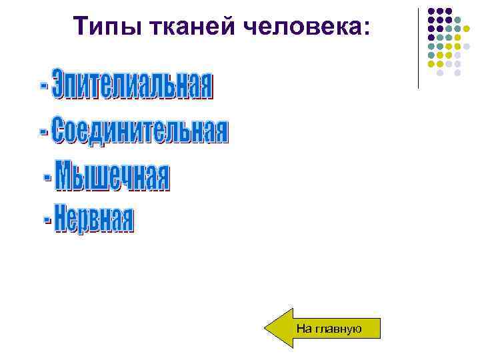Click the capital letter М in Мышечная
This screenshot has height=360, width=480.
click(x=69, y=176)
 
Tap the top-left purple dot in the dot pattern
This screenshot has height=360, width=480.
click(x=431, y=11)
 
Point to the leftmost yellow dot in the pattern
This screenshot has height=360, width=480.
click(x=431, y=64)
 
